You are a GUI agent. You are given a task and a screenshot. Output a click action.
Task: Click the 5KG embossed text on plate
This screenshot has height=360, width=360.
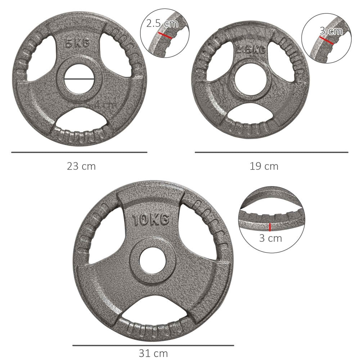pyautogui.click(x=77, y=44)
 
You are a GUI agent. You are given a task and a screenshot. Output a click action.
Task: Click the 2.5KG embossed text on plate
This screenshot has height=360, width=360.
pyautogui.click(x=251, y=50)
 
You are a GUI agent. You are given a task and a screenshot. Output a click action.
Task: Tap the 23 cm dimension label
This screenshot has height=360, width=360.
pyautogui.click(x=81, y=166)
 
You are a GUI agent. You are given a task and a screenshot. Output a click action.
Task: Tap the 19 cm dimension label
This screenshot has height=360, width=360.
pyautogui.click(x=264, y=166)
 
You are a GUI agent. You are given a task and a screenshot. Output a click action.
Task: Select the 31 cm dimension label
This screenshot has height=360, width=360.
pyautogui.click(x=153, y=353)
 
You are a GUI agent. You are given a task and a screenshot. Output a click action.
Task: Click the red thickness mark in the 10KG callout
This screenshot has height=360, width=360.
pyautogui.click(x=270, y=227)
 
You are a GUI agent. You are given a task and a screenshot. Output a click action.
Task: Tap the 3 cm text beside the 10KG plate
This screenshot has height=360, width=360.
pyautogui.click(x=271, y=238)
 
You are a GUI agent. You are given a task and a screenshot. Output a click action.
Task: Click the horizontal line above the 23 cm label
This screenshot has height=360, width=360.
pyautogui.click(x=79, y=152)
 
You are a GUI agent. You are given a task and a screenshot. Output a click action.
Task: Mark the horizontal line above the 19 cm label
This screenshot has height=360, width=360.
pyautogui.click(x=271, y=152)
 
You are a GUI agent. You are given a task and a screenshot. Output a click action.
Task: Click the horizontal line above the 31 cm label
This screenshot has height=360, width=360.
pyautogui.click(x=153, y=345)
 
